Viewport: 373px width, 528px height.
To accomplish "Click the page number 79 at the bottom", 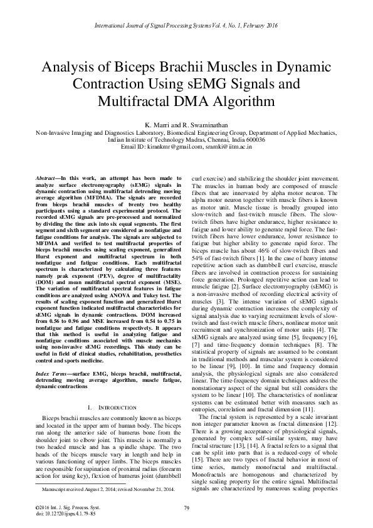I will pos(186,507).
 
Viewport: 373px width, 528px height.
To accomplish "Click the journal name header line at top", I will pos(186,26).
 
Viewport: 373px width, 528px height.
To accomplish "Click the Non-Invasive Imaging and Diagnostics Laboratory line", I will pos(186,132).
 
